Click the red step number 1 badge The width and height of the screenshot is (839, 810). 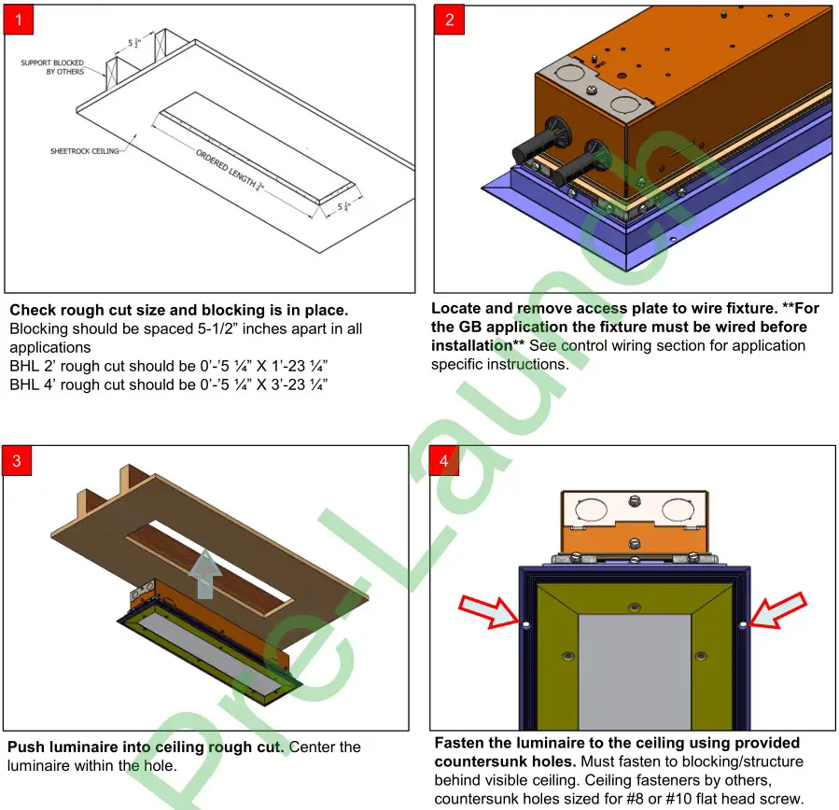click(x=20, y=20)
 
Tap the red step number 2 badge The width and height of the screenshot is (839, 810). click(x=449, y=20)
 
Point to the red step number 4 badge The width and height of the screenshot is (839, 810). click(x=443, y=461)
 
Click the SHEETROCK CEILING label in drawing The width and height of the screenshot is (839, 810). click(x=84, y=151)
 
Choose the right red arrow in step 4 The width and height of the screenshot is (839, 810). click(x=777, y=610)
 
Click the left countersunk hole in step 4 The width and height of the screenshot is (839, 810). click(x=525, y=624)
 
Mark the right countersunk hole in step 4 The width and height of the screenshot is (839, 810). click(x=743, y=623)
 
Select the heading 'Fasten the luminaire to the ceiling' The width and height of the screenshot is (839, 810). click(x=617, y=743)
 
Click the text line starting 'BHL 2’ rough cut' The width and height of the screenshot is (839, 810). click(x=168, y=366)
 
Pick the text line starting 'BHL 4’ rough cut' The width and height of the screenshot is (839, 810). click(x=168, y=384)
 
